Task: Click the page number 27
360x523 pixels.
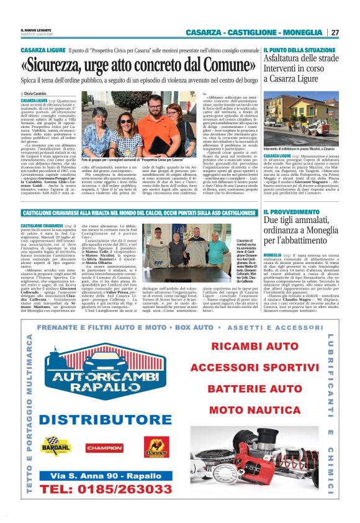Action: (335, 32)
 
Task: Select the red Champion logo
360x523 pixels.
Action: (105, 447)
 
